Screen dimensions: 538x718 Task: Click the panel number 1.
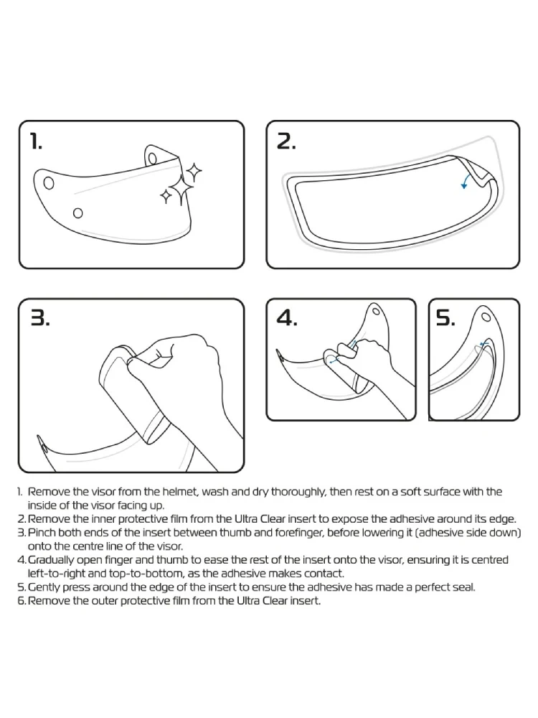coord(35,141)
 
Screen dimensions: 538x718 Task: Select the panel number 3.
coord(39,318)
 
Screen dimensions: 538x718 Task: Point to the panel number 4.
coord(287,318)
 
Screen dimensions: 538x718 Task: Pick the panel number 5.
coord(445,317)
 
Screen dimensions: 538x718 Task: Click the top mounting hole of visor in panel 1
coord(154,159)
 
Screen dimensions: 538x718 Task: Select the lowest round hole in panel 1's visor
coord(78,213)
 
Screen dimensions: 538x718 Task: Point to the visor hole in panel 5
coord(486,317)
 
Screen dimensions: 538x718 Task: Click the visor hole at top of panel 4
coord(376,312)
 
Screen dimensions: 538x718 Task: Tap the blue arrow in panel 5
coord(484,344)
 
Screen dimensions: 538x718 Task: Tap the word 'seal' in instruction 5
coord(464,587)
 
